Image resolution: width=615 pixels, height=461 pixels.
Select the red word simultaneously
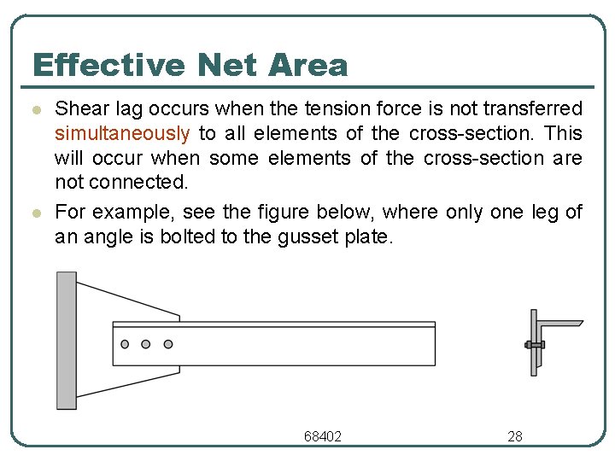tap(122, 133)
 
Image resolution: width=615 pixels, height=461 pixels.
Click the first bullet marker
tap(35, 111)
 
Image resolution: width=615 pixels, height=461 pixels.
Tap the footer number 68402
tap(323, 436)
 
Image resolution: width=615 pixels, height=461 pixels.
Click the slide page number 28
tap(515, 436)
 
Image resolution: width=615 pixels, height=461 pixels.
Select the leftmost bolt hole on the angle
tap(126, 344)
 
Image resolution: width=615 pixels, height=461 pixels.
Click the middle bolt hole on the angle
tap(146, 344)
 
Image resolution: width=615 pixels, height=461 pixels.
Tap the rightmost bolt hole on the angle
tap(168, 344)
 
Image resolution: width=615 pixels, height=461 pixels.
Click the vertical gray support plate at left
tap(66, 340)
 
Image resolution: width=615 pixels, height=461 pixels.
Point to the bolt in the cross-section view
tap(534, 344)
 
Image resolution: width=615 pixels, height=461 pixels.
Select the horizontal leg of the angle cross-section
tap(559, 324)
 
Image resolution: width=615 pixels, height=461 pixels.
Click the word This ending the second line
tap(564, 133)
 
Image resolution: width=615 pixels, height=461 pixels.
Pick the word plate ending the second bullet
tap(368, 237)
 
